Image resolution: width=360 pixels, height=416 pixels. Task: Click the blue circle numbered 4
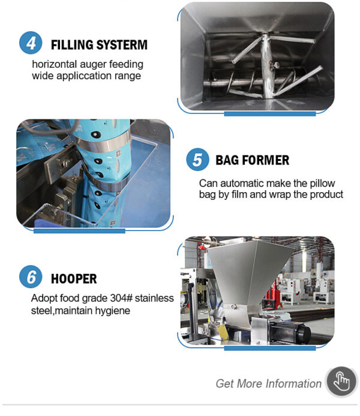point(31,43)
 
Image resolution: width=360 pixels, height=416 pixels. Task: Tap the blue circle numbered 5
point(197,160)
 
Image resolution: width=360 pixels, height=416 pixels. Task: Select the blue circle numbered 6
point(31,277)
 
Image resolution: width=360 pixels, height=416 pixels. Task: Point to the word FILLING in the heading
point(72,44)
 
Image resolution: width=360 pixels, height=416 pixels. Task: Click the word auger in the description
point(93,64)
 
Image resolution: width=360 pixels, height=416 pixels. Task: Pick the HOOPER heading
point(74,279)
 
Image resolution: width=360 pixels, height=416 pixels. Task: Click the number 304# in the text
point(121,298)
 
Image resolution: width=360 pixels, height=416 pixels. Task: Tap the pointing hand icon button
point(341,382)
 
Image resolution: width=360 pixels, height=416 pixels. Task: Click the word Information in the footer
point(293,384)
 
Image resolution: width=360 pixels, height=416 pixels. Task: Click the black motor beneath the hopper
point(290,331)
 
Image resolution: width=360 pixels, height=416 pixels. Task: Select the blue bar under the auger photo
point(270,114)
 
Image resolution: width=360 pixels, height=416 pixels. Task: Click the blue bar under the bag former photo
point(79,231)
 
